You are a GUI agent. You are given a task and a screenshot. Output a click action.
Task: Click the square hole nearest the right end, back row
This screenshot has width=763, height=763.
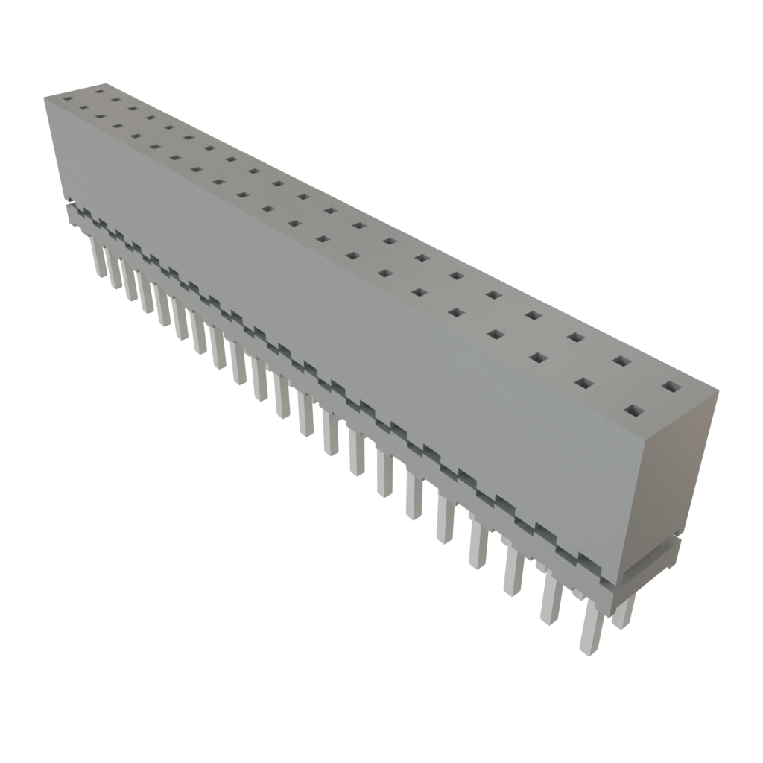[x=671, y=387]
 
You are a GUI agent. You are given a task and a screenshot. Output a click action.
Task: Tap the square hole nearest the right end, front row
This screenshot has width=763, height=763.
[x=634, y=410]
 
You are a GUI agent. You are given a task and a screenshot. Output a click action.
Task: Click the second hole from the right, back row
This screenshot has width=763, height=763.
[x=622, y=361]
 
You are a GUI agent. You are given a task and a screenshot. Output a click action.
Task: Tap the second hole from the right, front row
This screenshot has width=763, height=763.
[x=585, y=383]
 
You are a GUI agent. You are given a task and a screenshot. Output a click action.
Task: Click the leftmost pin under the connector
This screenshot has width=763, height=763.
[x=98, y=257]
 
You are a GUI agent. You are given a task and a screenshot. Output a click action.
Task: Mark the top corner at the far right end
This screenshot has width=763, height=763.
[x=719, y=389]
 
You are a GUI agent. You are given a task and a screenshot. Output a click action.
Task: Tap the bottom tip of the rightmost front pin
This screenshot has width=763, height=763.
[x=586, y=653]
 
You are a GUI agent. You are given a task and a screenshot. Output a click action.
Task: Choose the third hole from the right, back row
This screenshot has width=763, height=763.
[x=576, y=337]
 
